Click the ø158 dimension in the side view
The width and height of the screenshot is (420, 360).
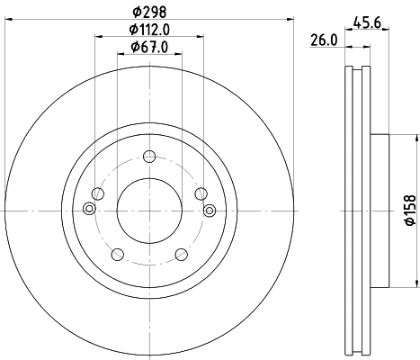pos(408,209)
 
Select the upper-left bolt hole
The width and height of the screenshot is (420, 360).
pos(98,193)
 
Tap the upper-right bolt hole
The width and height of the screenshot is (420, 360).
pos(199,193)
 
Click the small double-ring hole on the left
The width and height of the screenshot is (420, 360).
pos(88,211)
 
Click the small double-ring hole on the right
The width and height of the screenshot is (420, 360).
pos(209,211)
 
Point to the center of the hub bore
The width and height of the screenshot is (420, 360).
pos(148,211)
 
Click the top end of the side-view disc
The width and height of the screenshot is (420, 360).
pos(357,68)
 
